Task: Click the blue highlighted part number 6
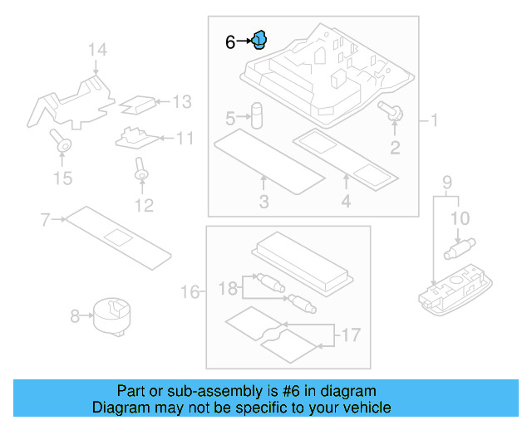click(259, 39)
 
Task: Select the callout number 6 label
click(231, 41)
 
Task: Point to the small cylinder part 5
click(258, 115)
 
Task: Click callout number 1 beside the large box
click(433, 121)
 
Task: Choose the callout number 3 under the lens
click(264, 202)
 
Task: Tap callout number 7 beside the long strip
click(46, 219)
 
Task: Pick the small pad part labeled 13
click(138, 105)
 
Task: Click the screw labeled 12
click(141, 173)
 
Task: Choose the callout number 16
click(190, 292)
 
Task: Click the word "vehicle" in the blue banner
click(365, 408)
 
